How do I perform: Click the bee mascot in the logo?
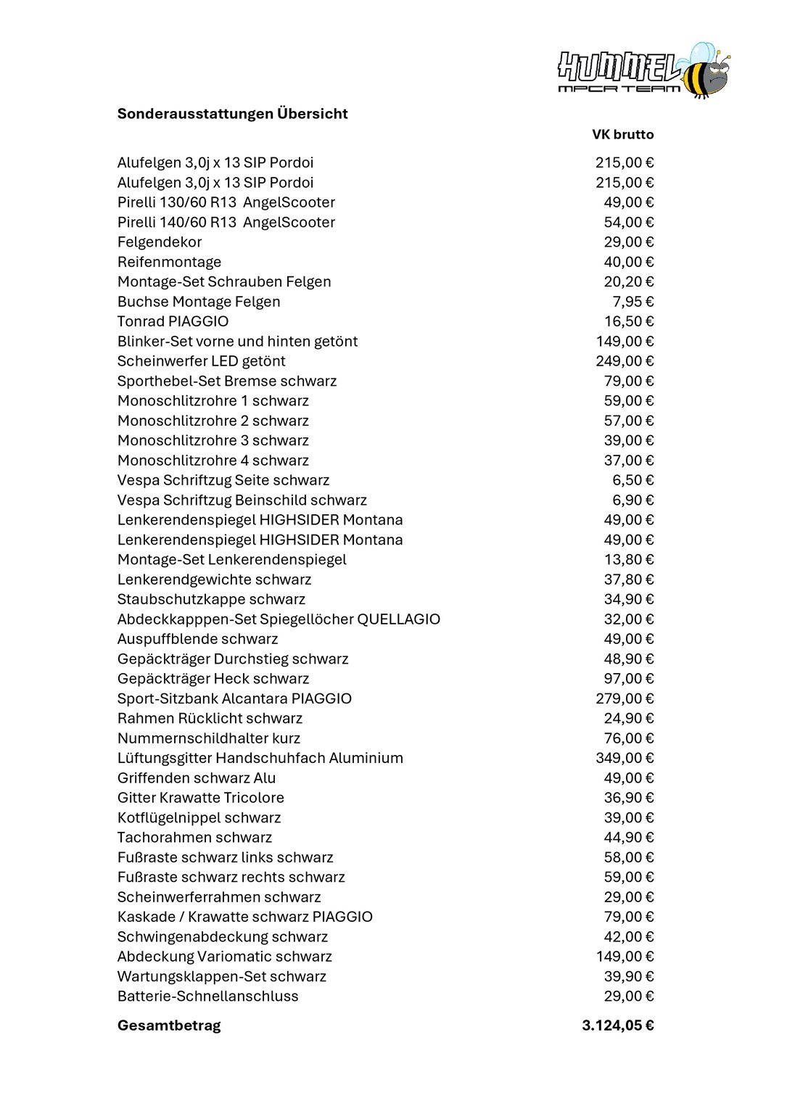coord(704,73)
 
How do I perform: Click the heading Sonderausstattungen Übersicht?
coord(232,114)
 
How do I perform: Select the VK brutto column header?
coord(622,135)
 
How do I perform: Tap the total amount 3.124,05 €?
coord(617,1026)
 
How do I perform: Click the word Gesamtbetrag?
coord(169,1026)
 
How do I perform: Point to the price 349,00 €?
coord(624,758)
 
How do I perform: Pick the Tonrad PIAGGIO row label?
coord(173,321)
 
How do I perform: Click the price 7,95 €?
coord(633,302)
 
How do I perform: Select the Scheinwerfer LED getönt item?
coord(201,361)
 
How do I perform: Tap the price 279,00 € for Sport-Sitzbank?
coord(624,698)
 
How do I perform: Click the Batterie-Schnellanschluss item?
coord(207,997)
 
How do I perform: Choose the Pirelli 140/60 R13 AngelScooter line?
coord(226,223)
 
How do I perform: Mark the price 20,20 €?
coord(628,282)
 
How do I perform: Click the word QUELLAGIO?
coord(398,619)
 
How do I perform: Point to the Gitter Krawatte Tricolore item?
coord(200,798)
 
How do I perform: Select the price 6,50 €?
coord(633,480)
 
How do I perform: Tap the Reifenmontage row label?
coord(169,262)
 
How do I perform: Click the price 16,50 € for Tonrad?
coord(628,321)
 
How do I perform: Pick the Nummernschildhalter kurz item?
coord(208,738)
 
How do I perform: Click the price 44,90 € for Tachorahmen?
coord(628,838)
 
